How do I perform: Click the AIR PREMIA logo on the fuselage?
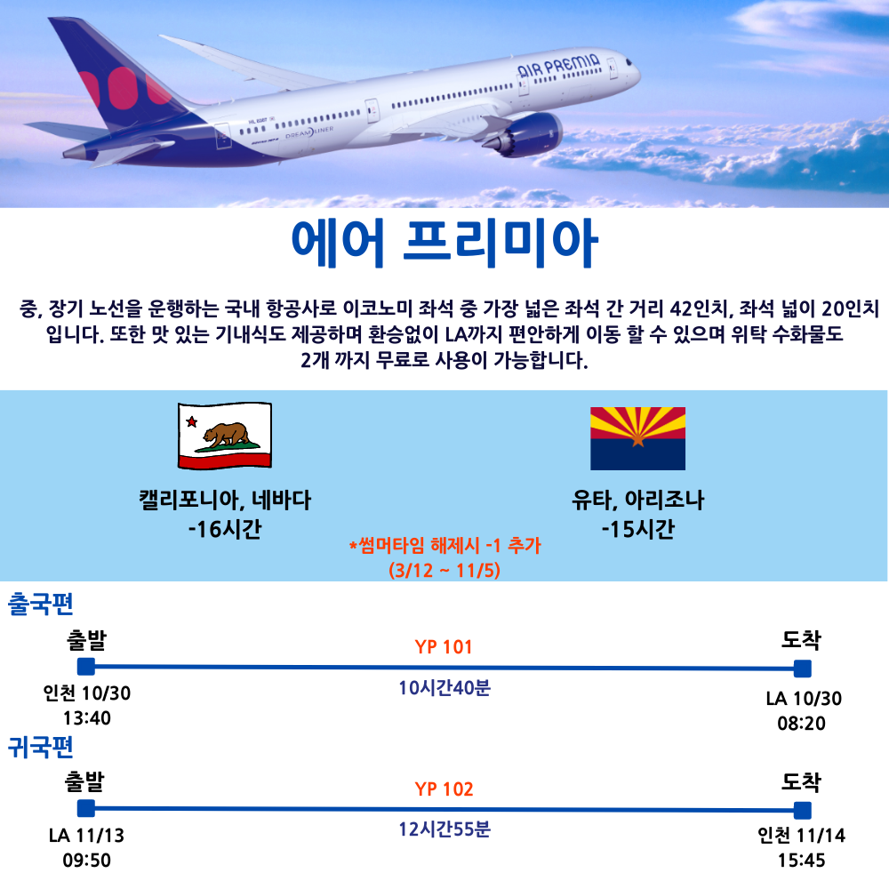(558, 65)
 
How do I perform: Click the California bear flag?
(225, 436)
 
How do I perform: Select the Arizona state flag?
(637, 438)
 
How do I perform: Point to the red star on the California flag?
(192, 421)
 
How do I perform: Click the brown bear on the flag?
(226, 435)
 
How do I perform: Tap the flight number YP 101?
(444, 647)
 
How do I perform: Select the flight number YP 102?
(444, 789)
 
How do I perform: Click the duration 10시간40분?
(444, 688)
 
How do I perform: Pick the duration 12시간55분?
(444, 829)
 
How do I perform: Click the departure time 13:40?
(87, 718)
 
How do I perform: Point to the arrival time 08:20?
(801, 724)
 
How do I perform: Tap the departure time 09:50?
(87, 861)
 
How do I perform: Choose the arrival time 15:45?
(801, 861)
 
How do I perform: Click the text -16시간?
(225, 529)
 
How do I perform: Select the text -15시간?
(637, 529)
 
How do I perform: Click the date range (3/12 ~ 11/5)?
(444, 570)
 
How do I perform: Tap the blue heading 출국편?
(40, 604)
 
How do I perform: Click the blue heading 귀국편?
(40, 747)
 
